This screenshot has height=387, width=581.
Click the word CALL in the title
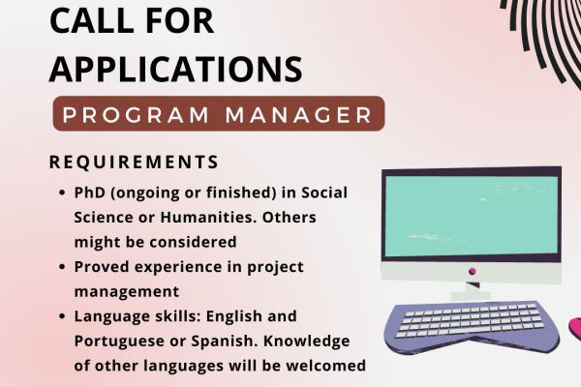(x=91, y=20)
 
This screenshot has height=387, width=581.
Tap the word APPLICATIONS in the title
(x=176, y=70)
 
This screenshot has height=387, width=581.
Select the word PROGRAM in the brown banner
(x=136, y=115)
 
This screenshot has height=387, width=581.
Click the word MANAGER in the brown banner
(x=298, y=115)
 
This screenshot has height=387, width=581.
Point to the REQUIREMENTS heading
(x=135, y=163)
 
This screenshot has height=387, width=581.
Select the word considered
(x=193, y=242)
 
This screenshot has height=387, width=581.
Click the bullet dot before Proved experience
(x=62, y=267)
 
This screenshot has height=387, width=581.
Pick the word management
(x=127, y=292)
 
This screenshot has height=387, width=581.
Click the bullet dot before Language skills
(x=62, y=316)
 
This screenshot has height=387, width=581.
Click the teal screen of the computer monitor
(x=472, y=216)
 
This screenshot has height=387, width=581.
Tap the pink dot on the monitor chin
(x=473, y=272)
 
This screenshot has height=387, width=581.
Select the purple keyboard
(x=472, y=327)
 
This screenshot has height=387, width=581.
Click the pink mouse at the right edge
(x=575, y=329)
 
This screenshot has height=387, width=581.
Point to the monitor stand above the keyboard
(x=471, y=291)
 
